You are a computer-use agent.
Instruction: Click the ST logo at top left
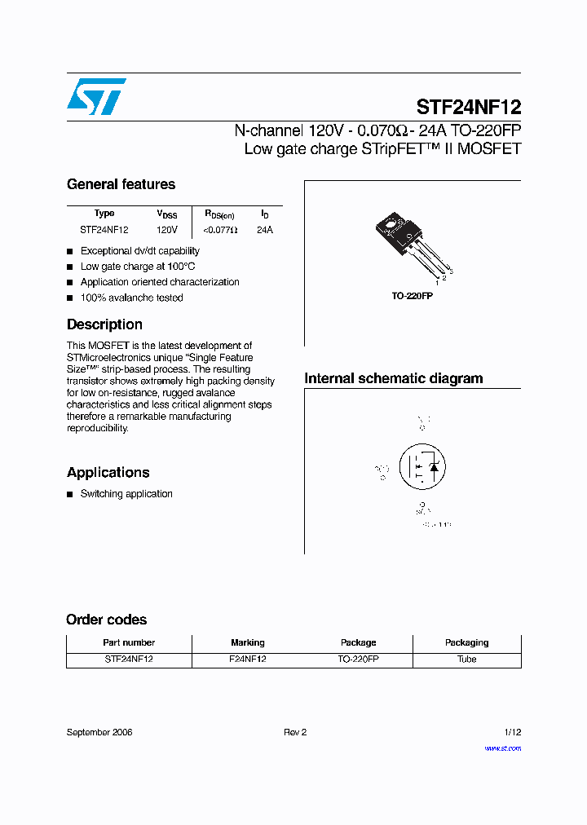96,97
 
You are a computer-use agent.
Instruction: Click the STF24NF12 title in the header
468,107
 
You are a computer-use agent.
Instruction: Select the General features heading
121,184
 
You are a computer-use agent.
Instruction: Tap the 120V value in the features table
167,231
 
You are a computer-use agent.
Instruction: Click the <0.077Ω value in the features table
220,231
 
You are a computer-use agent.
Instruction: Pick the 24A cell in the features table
265,231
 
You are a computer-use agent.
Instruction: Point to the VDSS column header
167,214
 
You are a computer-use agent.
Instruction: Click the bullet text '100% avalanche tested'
131,298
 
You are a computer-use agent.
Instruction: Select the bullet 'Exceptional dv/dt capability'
139,251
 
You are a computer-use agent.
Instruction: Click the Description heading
104,324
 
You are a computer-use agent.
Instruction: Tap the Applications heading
108,473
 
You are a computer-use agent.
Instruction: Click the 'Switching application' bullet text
126,494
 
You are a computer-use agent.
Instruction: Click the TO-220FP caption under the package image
412,297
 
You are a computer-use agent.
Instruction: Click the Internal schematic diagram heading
393,378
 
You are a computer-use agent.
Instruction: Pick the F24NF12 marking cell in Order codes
248,660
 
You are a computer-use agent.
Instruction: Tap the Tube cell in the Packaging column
466,660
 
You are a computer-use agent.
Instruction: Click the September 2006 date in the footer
99,732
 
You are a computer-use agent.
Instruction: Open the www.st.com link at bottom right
502,748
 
